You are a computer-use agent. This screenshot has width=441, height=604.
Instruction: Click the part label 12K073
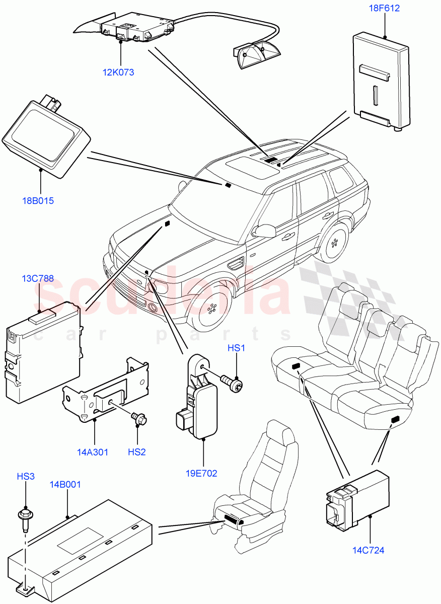(x=118, y=72)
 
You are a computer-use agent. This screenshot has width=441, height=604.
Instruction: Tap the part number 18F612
(x=384, y=9)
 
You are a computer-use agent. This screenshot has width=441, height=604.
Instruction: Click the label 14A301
(x=93, y=452)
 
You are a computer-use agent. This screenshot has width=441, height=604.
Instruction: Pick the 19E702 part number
(x=202, y=473)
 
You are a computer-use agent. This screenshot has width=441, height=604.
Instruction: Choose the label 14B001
(x=65, y=485)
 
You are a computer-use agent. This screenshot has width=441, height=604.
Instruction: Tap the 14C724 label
(x=369, y=550)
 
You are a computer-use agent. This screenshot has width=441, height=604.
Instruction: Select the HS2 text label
(x=136, y=452)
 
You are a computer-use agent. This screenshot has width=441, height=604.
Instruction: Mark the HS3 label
(x=26, y=476)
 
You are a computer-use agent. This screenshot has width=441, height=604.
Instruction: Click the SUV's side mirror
(x=263, y=231)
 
